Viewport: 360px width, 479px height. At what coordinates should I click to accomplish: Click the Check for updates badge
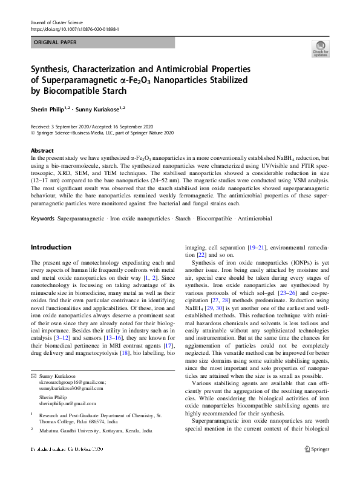(x=320, y=50)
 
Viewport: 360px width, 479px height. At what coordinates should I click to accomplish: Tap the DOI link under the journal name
(x=74, y=28)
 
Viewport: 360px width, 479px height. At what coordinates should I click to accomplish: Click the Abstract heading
(x=42, y=150)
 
